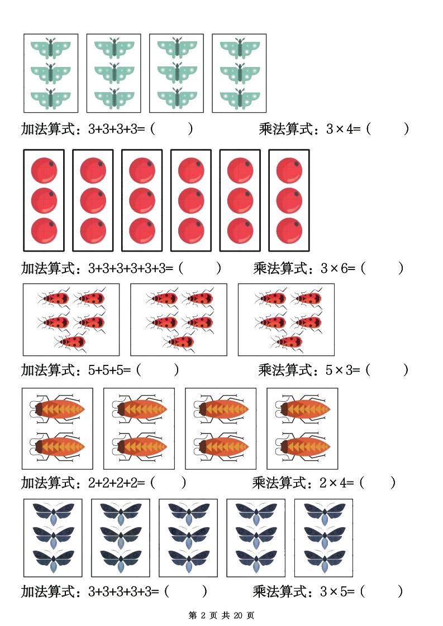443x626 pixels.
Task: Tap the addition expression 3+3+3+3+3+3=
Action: (x=130, y=268)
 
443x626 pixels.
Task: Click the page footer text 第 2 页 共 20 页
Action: (x=221, y=615)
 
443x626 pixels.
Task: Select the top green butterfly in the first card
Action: (x=51, y=48)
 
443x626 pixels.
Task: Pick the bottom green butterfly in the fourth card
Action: (x=239, y=98)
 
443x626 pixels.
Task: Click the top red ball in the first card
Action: (x=44, y=170)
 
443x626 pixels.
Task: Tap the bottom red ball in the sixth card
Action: (x=289, y=230)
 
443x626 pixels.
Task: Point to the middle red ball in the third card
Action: (x=142, y=200)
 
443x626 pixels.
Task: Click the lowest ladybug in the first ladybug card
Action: (x=73, y=341)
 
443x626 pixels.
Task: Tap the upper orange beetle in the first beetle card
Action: (x=58, y=410)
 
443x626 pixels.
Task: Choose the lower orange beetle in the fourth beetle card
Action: (x=302, y=446)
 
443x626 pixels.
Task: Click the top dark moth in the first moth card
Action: (x=53, y=512)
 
